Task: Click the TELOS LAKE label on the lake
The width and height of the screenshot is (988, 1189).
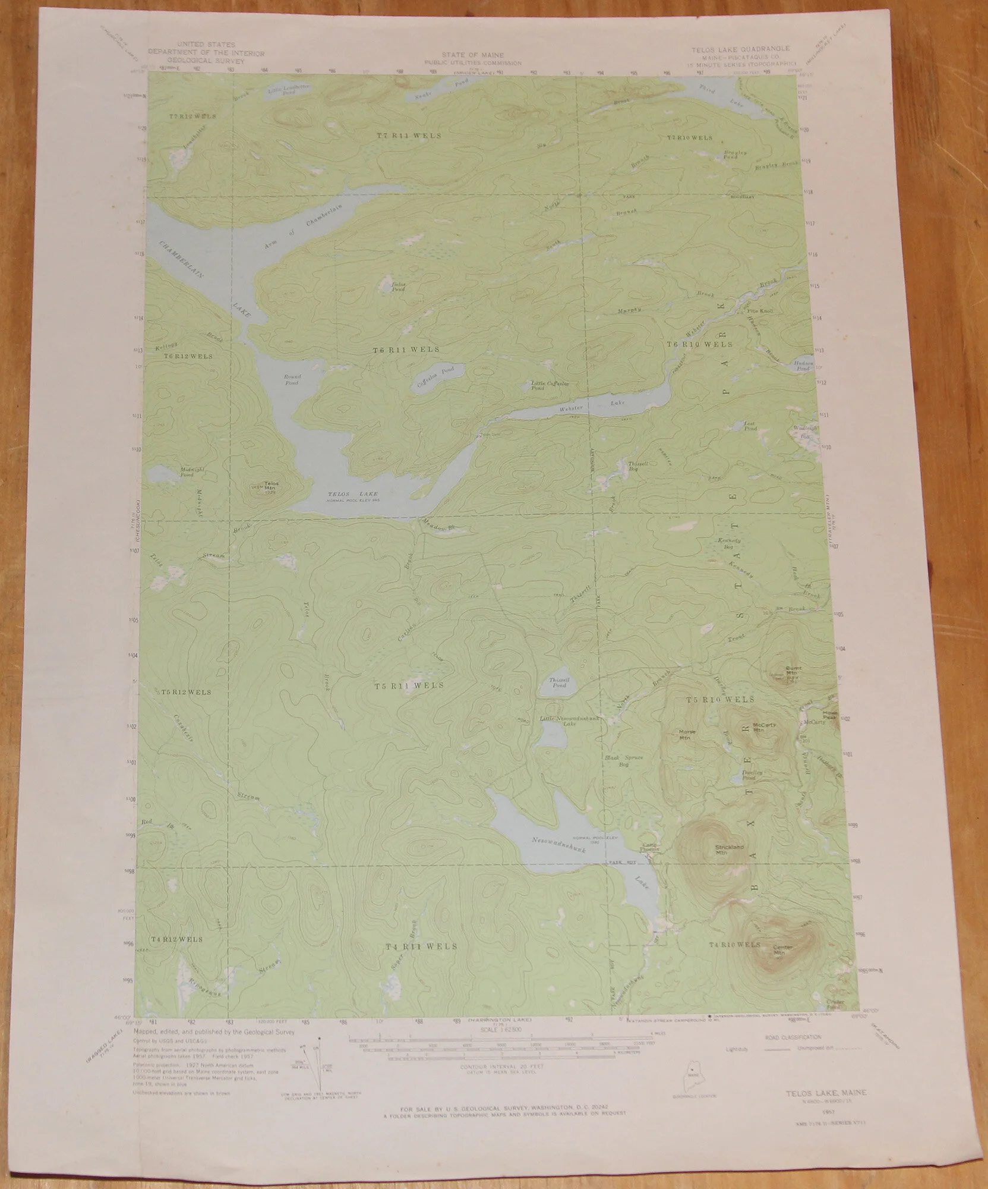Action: [353, 494]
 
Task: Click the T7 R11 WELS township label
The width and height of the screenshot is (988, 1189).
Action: [409, 136]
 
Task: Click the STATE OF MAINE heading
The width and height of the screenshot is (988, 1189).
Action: [474, 55]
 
